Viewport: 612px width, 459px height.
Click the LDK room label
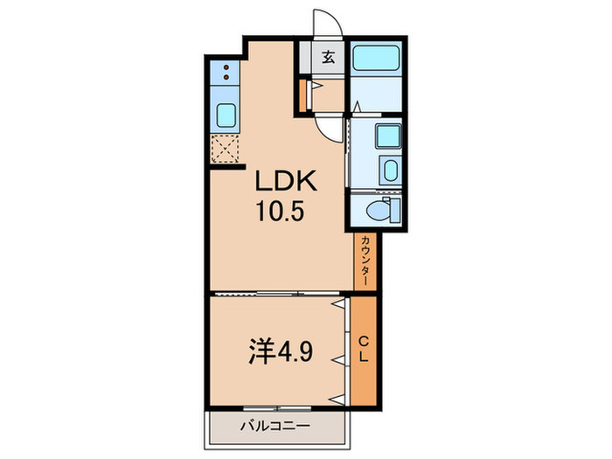[284, 182]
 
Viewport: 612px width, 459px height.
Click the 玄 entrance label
[329, 59]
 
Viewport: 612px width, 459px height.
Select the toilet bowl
[377, 209]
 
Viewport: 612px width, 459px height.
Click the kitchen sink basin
[226, 114]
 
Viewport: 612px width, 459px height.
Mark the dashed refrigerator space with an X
[226, 150]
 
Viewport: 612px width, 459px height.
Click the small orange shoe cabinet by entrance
[303, 95]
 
